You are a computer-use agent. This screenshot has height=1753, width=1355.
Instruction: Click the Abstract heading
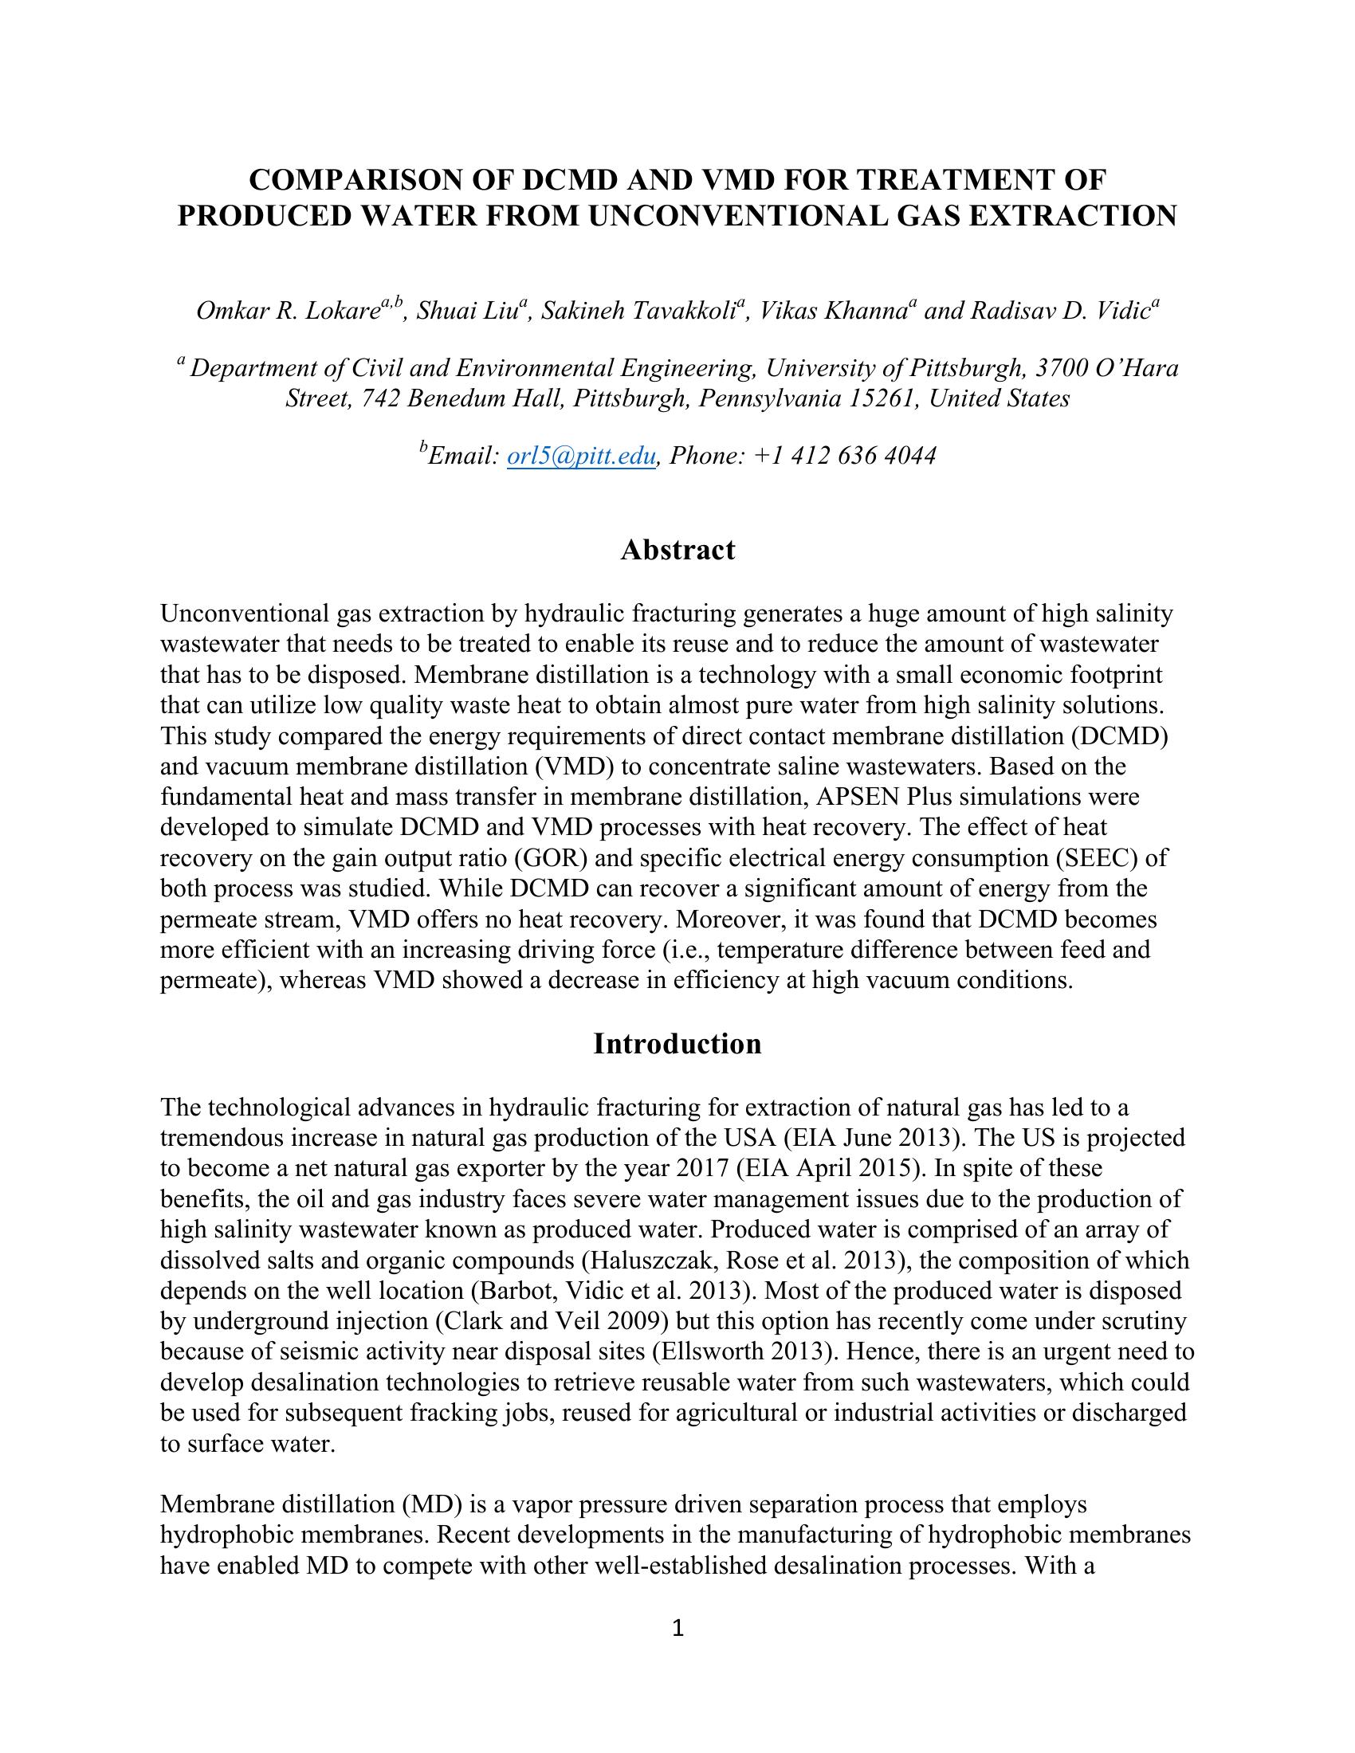677,550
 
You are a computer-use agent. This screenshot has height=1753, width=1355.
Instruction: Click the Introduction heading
677,1044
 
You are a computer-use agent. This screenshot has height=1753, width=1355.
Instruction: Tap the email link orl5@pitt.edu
581,456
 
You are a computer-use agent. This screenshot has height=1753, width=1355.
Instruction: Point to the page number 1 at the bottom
677,1628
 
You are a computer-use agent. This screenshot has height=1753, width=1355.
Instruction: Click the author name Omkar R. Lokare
288,311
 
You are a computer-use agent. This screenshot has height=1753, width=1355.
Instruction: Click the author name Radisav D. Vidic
1060,311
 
